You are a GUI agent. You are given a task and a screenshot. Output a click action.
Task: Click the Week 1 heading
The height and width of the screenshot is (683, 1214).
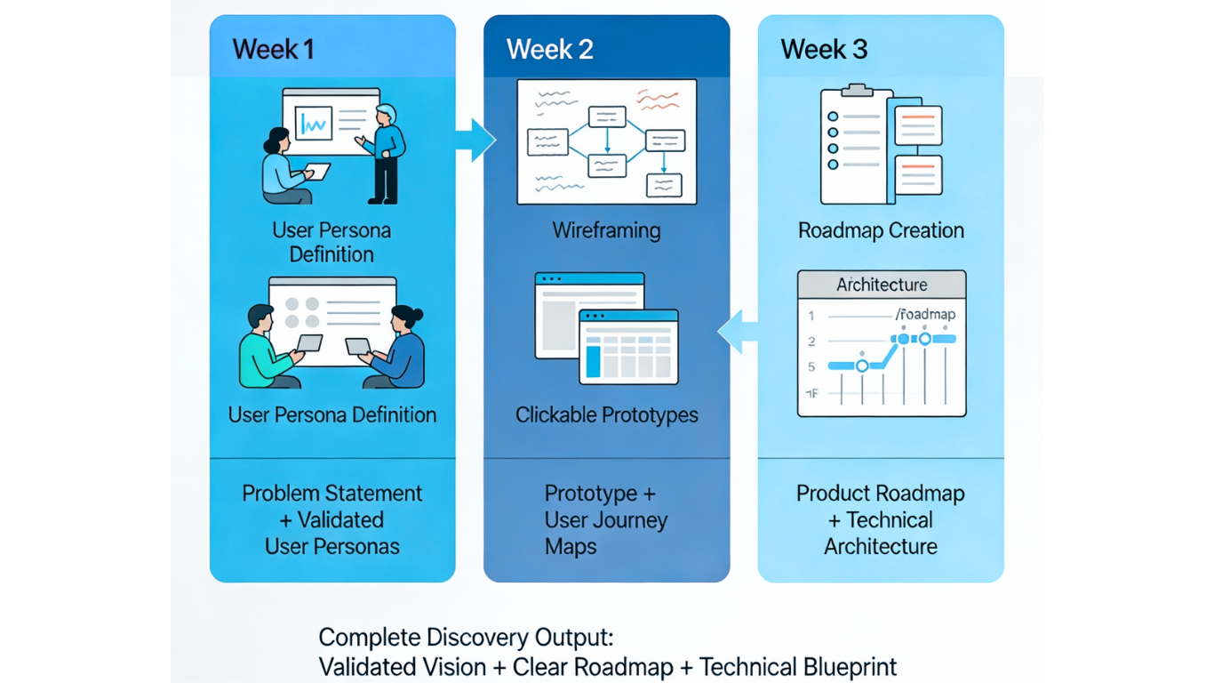(x=273, y=49)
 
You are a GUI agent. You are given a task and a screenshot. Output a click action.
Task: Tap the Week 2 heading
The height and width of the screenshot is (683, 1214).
(x=549, y=49)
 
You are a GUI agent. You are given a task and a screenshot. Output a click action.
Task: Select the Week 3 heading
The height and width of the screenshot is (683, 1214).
(x=824, y=49)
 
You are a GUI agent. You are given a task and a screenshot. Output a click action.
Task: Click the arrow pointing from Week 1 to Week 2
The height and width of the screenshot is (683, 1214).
(x=475, y=140)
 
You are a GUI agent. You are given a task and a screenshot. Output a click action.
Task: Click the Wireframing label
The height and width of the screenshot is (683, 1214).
(x=606, y=231)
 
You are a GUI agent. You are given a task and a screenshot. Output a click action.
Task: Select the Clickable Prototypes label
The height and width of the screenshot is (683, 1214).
(x=606, y=415)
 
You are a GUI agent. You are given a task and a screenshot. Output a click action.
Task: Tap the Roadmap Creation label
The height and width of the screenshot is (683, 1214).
(x=881, y=231)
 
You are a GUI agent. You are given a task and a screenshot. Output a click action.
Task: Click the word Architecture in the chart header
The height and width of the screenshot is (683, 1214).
(x=882, y=285)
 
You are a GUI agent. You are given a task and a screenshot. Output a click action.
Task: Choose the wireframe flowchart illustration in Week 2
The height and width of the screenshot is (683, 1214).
(x=607, y=141)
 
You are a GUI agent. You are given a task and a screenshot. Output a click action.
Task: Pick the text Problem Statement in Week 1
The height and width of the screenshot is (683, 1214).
(x=332, y=494)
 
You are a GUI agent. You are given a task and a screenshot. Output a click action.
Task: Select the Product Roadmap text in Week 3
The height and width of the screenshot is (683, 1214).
(x=880, y=494)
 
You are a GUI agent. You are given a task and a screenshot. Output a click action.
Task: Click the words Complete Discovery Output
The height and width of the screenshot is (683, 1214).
(x=466, y=638)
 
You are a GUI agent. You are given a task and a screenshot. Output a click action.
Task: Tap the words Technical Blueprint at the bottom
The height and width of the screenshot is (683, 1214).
(x=797, y=667)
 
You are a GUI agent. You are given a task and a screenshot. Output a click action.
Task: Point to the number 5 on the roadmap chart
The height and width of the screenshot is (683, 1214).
(x=811, y=366)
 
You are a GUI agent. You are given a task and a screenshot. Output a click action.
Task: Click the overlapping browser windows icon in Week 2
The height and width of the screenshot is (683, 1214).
(x=606, y=328)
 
